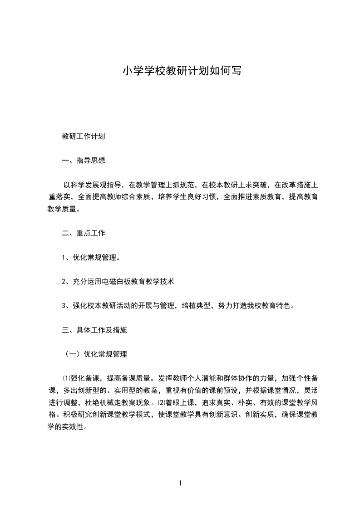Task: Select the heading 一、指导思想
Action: pyautogui.click(x=84, y=160)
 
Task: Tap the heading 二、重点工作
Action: pyautogui.click(x=84, y=233)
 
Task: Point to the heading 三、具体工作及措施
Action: pyautogui.click(x=94, y=330)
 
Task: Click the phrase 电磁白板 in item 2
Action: pyautogui.click(x=128, y=282)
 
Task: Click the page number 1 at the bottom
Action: pyautogui.click(x=180, y=483)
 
